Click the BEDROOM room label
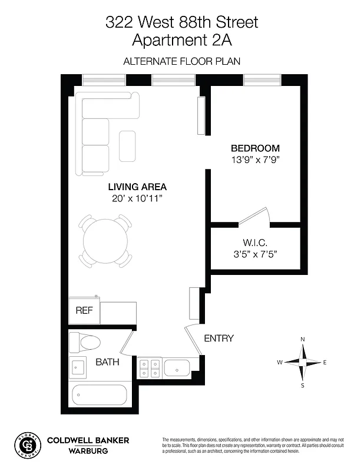(x=254, y=148)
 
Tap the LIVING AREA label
(x=137, y=187)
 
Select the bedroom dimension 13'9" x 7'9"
(x=254, y=160)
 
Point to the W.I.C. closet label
(x=256, y=243)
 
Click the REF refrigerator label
(x=84, y=311)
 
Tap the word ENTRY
(x=219, y=339)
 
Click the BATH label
(x=108, y=362)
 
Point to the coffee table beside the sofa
(x=128, y=146)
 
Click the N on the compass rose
(x=303, y=340)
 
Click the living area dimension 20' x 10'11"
(x=137, y=198)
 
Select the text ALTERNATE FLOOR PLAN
(x=181, y=61)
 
